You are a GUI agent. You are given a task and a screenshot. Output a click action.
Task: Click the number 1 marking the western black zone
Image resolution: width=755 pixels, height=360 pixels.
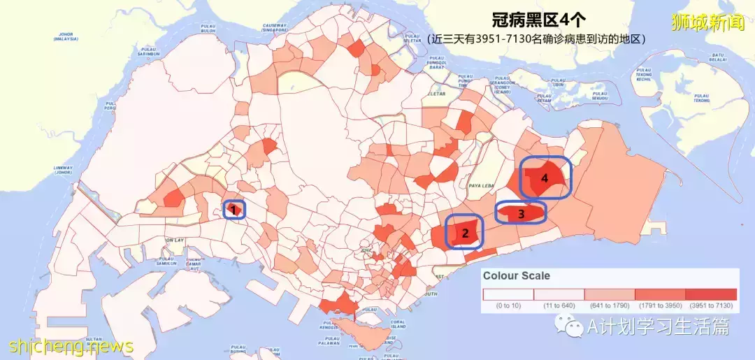coord(233,209)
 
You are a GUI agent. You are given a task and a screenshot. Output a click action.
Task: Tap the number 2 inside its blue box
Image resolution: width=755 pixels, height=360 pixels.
coord(465,233)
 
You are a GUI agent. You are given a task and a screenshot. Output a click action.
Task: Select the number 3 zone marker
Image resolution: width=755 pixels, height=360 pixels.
coord(521,214)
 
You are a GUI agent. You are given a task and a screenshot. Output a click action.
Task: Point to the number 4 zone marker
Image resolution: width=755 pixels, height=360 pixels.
coord(544,178)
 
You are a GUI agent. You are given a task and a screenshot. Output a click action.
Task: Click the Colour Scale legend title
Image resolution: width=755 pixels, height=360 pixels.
coord(517,275)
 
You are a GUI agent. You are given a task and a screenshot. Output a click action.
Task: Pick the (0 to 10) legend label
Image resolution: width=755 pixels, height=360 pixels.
coord(508,305)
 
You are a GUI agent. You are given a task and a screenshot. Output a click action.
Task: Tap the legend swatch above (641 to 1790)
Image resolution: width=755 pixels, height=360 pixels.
coord(609,294)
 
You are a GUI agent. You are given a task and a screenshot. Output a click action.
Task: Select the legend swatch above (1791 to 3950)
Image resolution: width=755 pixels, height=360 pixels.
coord(660,294)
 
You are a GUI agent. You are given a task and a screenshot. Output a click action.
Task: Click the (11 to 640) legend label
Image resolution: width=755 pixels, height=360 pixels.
coord(559,305)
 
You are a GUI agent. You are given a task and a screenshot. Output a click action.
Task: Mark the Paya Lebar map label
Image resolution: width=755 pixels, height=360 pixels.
coord(482,185)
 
